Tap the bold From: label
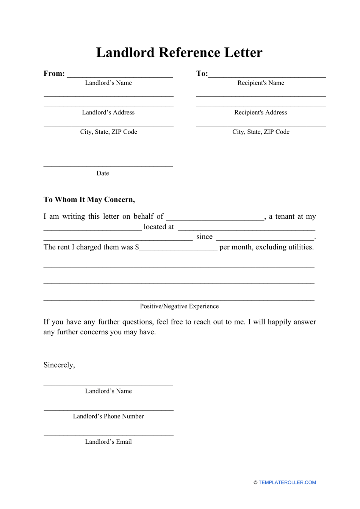pyautogui.click(x=54, y=74)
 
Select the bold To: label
pyautogui.click(x=202, y=74)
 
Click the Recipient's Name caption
pyautogui.click(x=261, y=83)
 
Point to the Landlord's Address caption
pyautogui.click(x=108, y=113)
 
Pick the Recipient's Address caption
pyautogui.click(x=261, y=113)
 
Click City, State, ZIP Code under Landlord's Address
pyautogui.click(x=108, y=132)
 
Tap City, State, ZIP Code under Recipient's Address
pyautogui.click(x=261, y=132)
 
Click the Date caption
pyautogui.click(x=103, y=173)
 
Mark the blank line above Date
pyautogui.click(x=108, y=166)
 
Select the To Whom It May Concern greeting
pyautogui.click(x=89, y=200)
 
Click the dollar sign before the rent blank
pyautogui.click(x=137, y=247)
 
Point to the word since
pyautogui.click(x=204, y=237)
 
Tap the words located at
pyautogui.click(x=159, y=227)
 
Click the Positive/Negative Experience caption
pyautogui.click(x=179, y=306)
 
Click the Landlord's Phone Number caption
pyautogui.click(x=108, y=417)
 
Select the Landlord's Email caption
pyautogui.click(x=108, y=442)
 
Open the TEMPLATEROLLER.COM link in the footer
pyautogui.click(x=287, y=482)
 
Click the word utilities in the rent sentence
pyautogui.click(x=299, y=247)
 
